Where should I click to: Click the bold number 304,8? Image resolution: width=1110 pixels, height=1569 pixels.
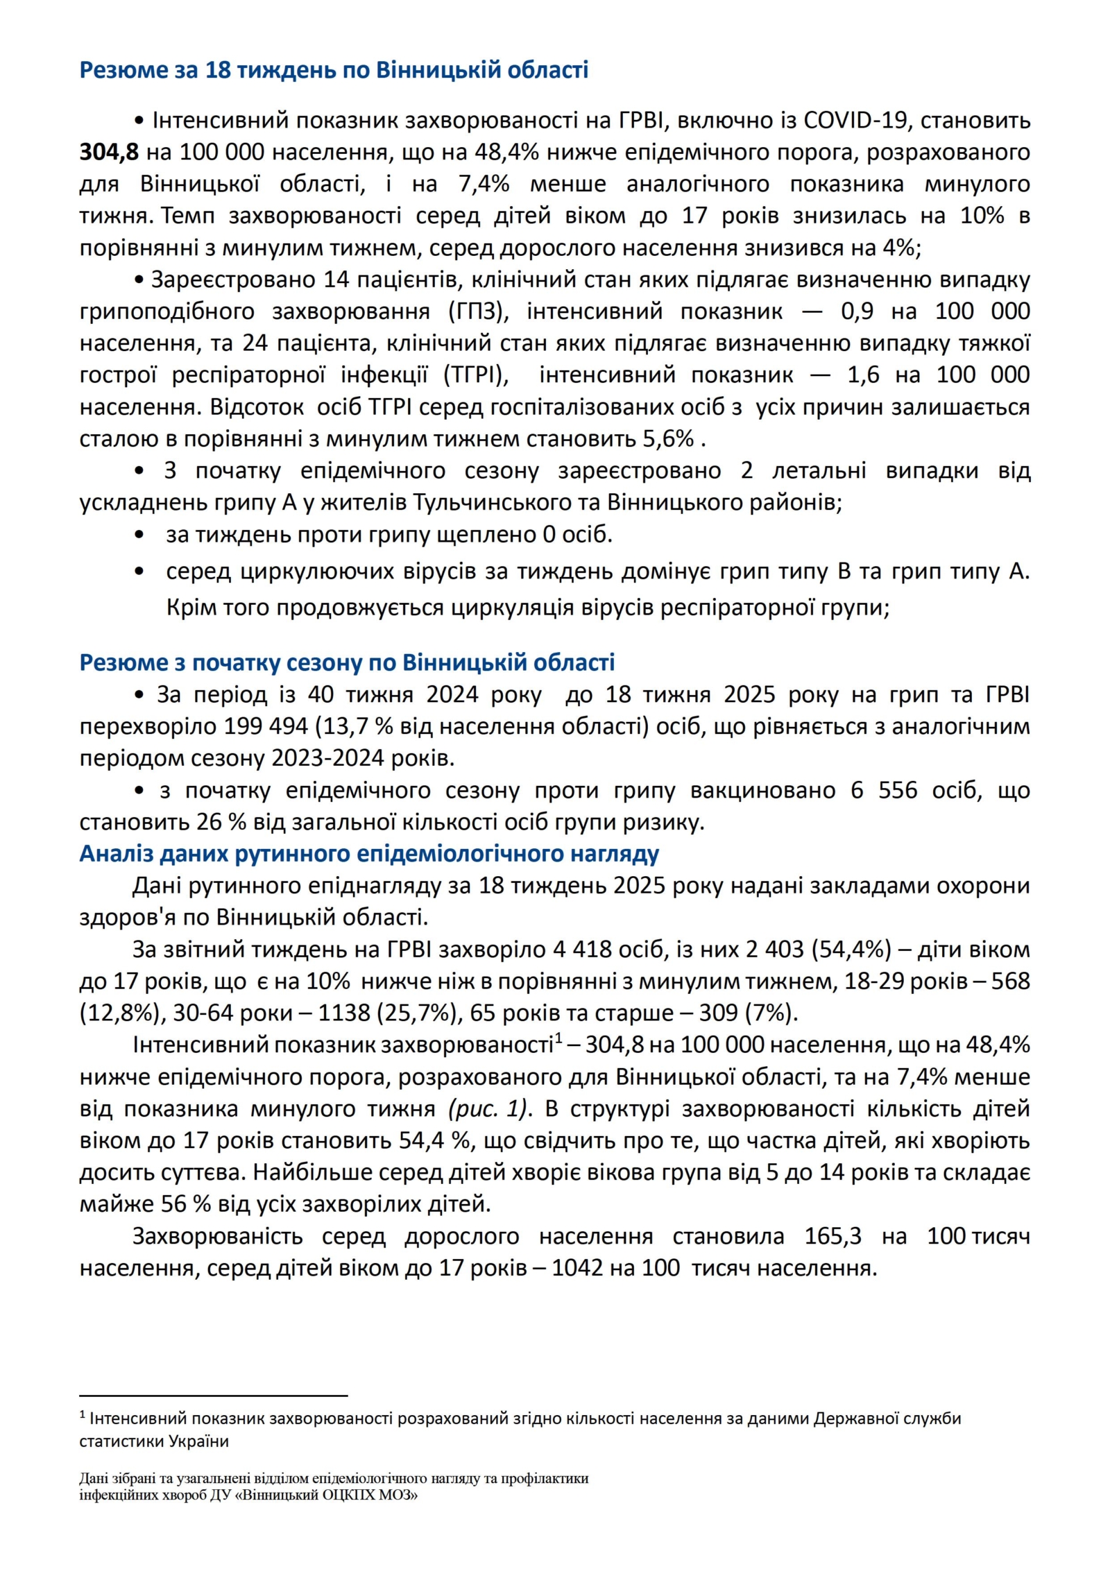click(109, 152)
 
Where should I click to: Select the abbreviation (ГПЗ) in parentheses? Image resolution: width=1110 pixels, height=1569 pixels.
click(479, 311)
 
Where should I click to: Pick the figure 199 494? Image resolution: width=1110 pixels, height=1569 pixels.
click(266, 726)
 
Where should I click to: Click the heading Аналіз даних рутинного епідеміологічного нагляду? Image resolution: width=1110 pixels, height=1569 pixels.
click(369, 853)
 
